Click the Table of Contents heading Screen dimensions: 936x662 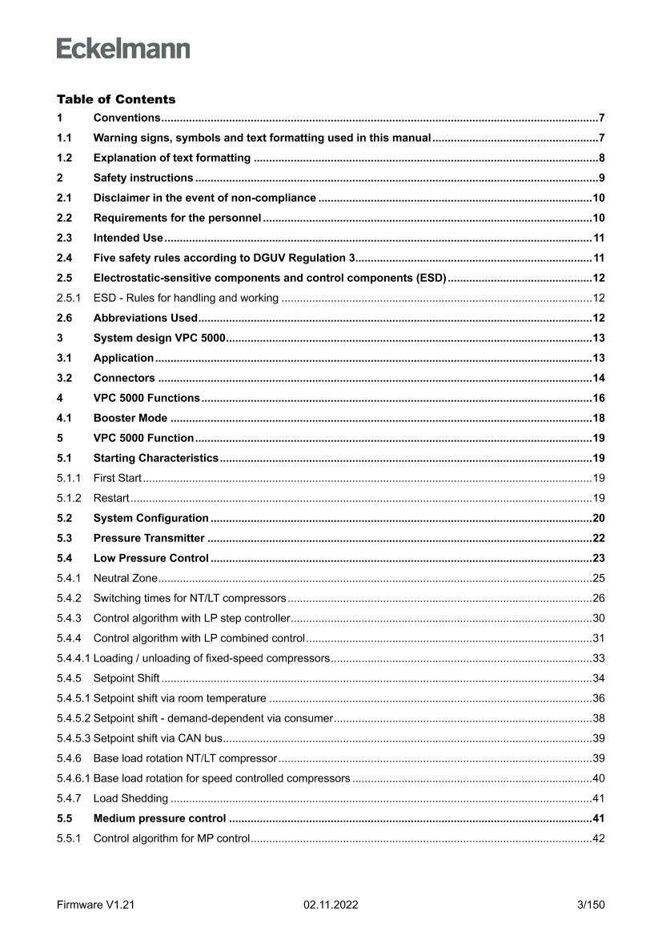coord(115,99)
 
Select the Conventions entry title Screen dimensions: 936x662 coord(127,118)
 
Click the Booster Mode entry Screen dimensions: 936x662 coord(130,418)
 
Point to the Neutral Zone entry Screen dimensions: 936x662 coord(126,578)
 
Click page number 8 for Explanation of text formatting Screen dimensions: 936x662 coord(600,158)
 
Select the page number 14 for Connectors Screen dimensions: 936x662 coord(598,378)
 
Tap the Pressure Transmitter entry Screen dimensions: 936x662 coord(149,538)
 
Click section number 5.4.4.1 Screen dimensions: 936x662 coord(74,658)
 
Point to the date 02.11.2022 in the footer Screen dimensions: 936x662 coord(331,905)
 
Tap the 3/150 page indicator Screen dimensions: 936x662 coord(591,905)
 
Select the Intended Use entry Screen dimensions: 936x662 coord(128,238)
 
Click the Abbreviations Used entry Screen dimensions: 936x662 coord(145,318)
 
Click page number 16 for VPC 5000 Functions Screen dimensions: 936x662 coord(598,398)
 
